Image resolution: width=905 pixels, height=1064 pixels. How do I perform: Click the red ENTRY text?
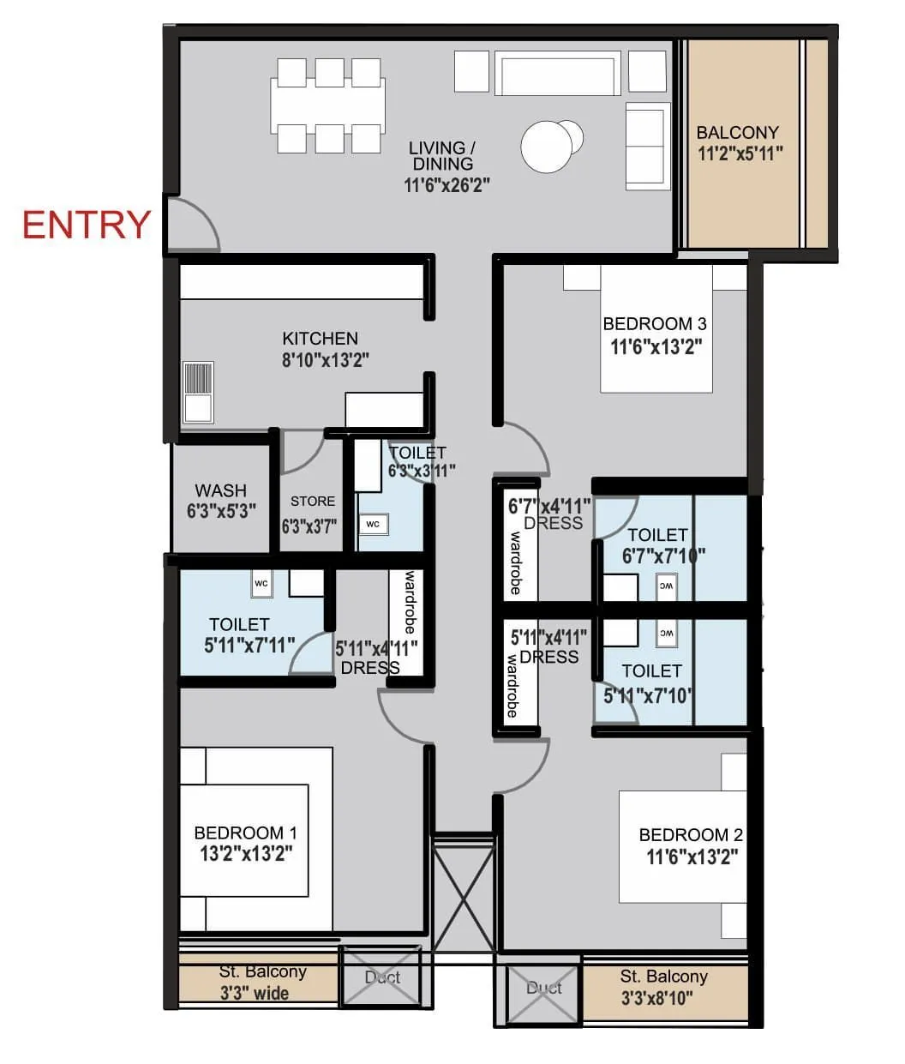pos(87,225)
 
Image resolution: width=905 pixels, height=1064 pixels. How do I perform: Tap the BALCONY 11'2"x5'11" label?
pos(738,143)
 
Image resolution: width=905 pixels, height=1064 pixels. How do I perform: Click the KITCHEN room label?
pos(321,339)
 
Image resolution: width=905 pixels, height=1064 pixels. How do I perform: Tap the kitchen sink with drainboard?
pos(198,392)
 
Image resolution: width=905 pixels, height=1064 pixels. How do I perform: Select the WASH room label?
pos(221,491)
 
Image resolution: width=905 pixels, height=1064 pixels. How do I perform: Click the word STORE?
pos(313,502)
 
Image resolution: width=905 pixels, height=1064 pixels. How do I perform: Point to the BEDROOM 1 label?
pos(245,833)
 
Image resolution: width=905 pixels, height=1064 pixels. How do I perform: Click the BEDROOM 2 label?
pos(691,835)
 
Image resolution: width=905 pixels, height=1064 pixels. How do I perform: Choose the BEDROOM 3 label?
pos(655,324)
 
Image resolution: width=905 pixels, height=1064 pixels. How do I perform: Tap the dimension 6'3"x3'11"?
pos(421,471)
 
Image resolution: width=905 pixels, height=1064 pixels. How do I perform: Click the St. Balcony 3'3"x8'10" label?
pos(663,987)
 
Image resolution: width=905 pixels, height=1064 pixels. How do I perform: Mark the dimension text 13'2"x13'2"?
pos(246,854)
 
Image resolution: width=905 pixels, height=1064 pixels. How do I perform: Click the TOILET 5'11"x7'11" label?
pos(240,635)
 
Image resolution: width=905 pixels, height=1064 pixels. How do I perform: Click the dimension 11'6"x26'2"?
pos(447,184)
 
